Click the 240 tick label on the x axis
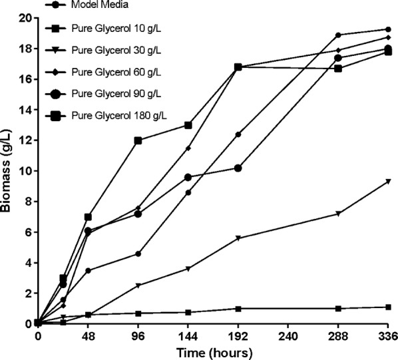(289, 336)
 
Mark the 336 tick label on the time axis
(388, 336)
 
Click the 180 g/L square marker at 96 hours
(138, 140)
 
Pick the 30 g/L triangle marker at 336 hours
(388, 181)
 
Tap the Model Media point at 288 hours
(338, 35)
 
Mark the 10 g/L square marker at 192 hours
(238, 308)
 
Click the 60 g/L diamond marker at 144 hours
(188, 148)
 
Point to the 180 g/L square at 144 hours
(188, 125)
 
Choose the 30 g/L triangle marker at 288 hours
(338, 214)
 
